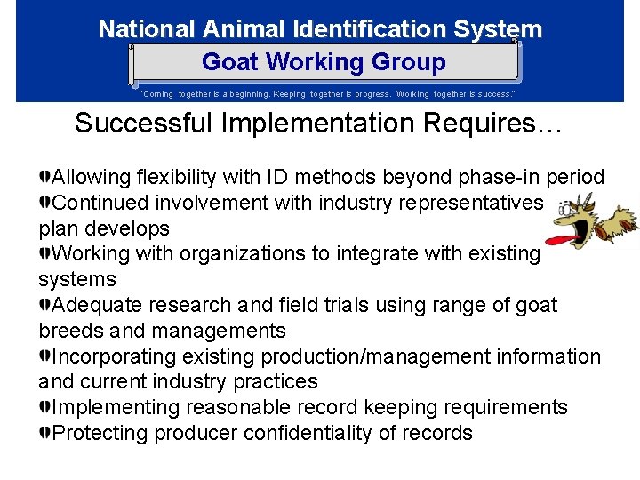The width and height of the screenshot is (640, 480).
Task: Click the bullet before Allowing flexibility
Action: (44, 177)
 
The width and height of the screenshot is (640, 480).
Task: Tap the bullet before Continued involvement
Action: (44, 203)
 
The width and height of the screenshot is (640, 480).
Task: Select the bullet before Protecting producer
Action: (44, 433)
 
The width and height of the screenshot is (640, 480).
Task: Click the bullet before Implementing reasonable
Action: (44, 407)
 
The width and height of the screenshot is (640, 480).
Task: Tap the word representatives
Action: (472, 203)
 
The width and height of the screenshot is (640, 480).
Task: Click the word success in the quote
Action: (490, 93)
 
